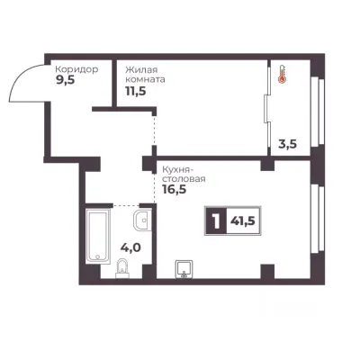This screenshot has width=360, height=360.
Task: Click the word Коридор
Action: pyautogui.click(x=76, y=69)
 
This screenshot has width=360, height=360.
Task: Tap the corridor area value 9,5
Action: pyautogui.click(x=65, y=81)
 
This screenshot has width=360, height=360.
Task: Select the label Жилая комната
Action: pyautogui.click(x=145, y=75)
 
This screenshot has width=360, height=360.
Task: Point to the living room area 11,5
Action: pyautogui.click(x=136, y=91)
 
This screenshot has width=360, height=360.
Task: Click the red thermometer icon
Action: pyautogui.click(x=282, y=74)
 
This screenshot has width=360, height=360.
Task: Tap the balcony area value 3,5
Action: pyautogui.click(x=287, y=144)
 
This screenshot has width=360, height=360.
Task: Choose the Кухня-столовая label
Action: pyautogui.click(x=184, y=174)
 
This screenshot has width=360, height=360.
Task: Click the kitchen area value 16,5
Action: pyautogui.click(x=175, y=190)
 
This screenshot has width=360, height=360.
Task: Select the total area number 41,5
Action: pyautogui.click(x=243, y=221)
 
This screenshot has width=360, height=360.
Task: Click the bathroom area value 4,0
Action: pyautogui.click(x=130, y=247)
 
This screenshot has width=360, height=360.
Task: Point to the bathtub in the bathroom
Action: pyautogui.click(x=98, y=236)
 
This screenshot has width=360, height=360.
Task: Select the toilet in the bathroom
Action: pyautogui.click(x=121, y=268)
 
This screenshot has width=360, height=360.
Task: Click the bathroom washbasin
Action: pyautogui.click(x=142, y=220)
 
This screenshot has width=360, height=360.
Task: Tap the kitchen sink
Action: pyautogui.click(x=184, y=269)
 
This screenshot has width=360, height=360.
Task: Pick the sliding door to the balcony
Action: pyautogui.click(x=267, y=109)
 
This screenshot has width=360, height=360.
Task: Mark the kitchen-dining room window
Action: pyautogui.click(x=318, y=218)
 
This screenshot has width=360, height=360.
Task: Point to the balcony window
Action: pyautogui.click(x=318, y=111)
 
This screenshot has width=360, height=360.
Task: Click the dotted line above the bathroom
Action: pyautogui.click(x=126, y=206)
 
